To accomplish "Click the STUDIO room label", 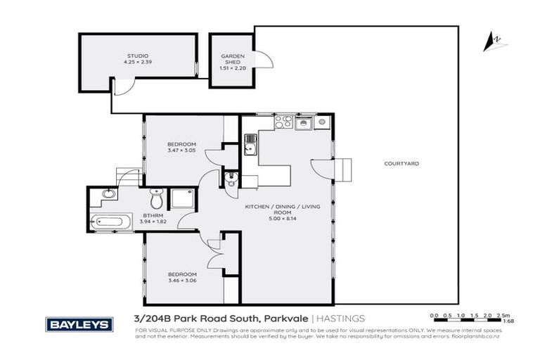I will [x=137, y=55].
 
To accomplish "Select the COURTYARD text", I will [x=401, y=163].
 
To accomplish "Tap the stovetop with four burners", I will [x=283, y=122].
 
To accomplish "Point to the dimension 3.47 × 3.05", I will [x=181, y=150].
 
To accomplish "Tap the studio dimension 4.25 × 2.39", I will [x=137, y=61].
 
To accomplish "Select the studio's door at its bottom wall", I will [x=121, y=87].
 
